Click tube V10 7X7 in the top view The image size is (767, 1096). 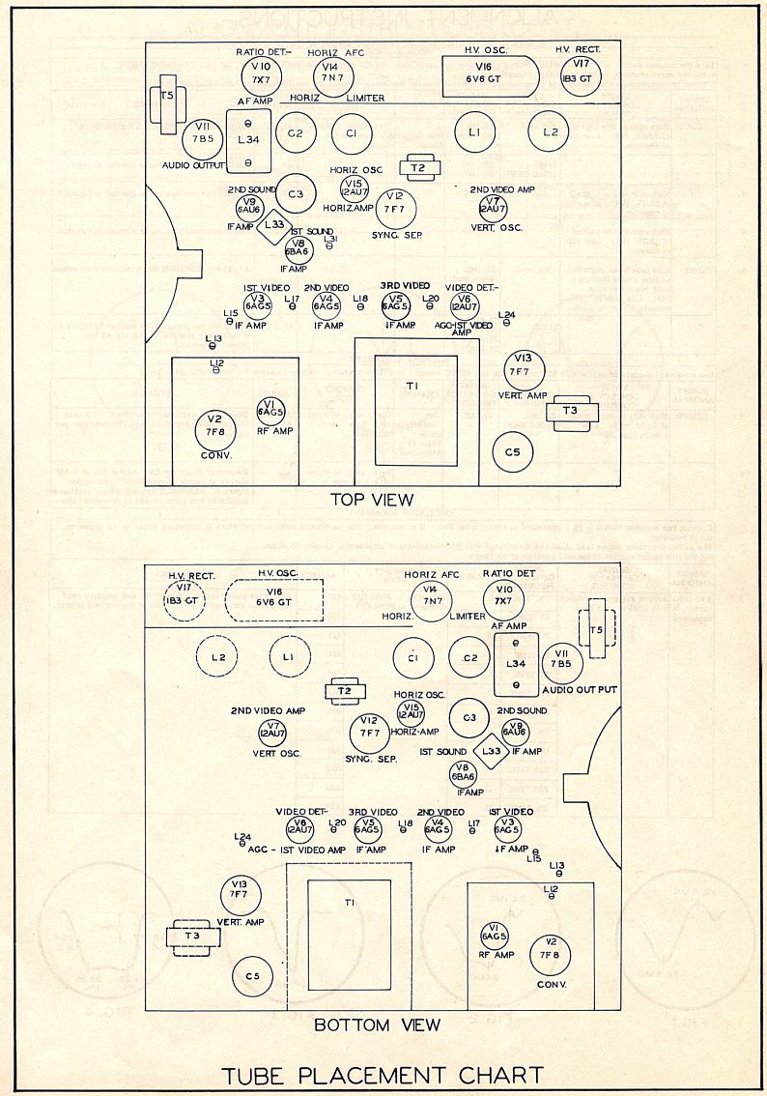point(259,72)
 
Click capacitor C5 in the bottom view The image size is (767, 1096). point(252,977)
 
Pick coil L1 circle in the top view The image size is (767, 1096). point(473,131)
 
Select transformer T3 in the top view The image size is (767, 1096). point(570,412)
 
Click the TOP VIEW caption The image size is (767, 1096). point(372,500)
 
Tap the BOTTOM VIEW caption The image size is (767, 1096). point(377,1024)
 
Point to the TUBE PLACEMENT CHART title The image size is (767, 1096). point(382,1075)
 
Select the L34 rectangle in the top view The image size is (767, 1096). point(248,140)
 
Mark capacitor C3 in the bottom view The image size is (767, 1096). point(470,717)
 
